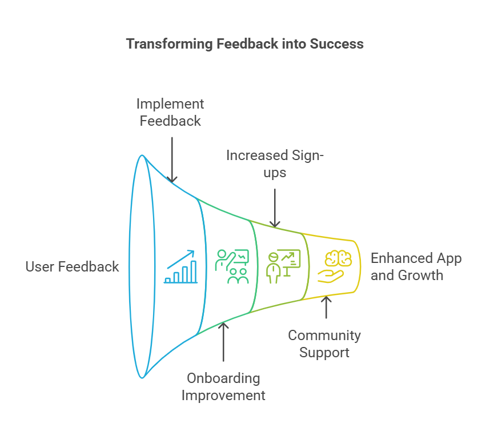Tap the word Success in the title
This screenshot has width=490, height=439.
click(336, 44)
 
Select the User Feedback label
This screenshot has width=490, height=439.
click(73, 266)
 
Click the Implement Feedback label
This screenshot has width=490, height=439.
click(170, 113)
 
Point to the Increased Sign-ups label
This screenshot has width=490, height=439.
click(275, 163)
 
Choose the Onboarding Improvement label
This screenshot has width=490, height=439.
click(223, 387)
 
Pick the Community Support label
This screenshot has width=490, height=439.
click(324, 344)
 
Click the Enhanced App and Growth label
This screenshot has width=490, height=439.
click(416, 267)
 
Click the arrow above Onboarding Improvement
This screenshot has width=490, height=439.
click(223, 341)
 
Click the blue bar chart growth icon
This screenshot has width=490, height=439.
click(180, 267)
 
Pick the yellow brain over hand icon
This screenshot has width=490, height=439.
click(334, 266)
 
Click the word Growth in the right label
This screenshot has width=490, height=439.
click(421, 275)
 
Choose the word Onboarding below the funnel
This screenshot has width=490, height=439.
click(223, 378)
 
